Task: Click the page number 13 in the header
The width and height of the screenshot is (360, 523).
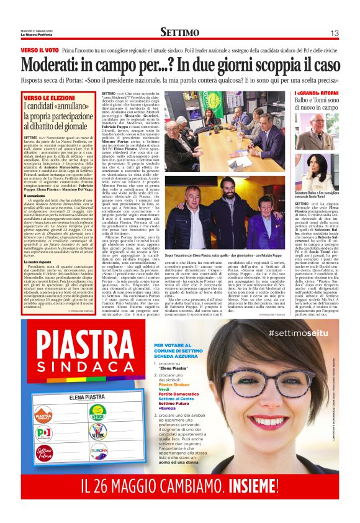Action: [334, 32]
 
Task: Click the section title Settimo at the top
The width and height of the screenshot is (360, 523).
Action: [179, 32]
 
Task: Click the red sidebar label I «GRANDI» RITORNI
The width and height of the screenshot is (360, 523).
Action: [313, 94]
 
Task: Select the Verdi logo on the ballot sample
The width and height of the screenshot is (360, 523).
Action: [98, 410]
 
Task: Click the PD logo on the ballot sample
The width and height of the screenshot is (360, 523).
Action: [44, 432]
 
